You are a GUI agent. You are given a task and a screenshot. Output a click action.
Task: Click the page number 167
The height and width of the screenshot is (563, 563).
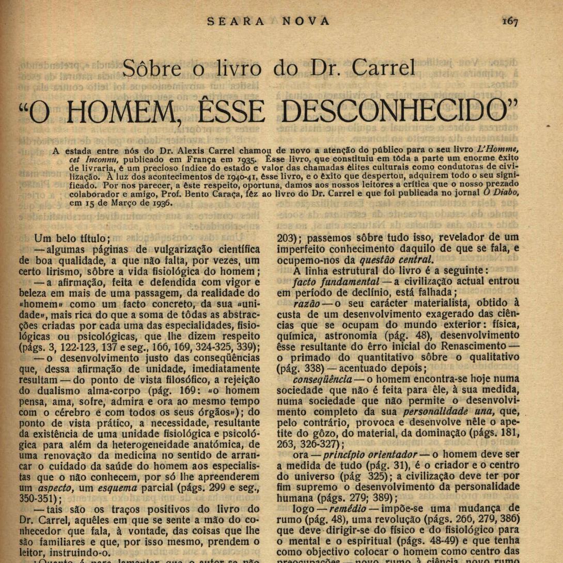click(x=509, y=21)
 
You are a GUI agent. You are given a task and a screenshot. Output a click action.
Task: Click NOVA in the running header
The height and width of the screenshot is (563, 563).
click(x=306, y=21)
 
